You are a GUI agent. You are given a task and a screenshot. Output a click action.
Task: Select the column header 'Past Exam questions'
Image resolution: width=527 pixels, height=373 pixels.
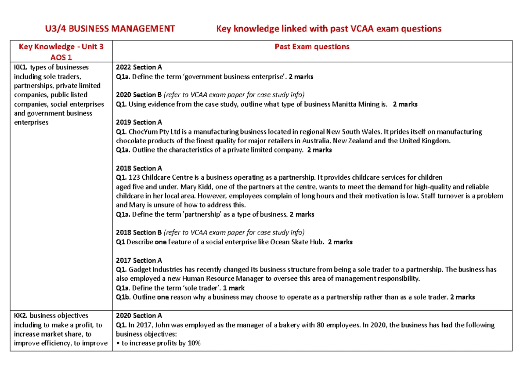(312, 47)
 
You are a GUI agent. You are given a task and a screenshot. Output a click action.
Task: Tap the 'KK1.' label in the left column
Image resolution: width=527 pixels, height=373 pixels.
(21, 67)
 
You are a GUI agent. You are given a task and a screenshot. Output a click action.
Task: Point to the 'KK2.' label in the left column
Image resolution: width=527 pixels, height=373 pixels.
(21, 315)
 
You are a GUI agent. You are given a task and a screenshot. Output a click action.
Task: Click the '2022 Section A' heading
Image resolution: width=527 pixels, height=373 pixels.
(139, 67)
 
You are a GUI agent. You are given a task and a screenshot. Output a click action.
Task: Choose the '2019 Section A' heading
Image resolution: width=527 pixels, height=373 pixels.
(139, 122)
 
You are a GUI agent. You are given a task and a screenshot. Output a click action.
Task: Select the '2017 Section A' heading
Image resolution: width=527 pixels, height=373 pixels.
(139, 260)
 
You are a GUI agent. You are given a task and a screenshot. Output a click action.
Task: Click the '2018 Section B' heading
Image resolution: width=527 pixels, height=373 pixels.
(139, 232)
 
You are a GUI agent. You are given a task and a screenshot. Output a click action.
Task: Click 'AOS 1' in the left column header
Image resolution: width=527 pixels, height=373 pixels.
(61, 57)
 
